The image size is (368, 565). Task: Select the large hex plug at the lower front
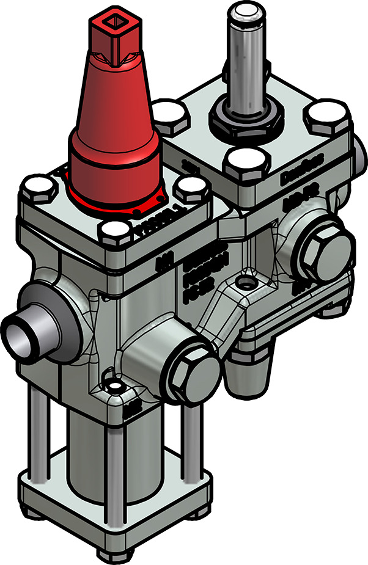(191, 371)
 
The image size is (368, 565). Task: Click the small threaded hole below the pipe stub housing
(114, 387)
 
